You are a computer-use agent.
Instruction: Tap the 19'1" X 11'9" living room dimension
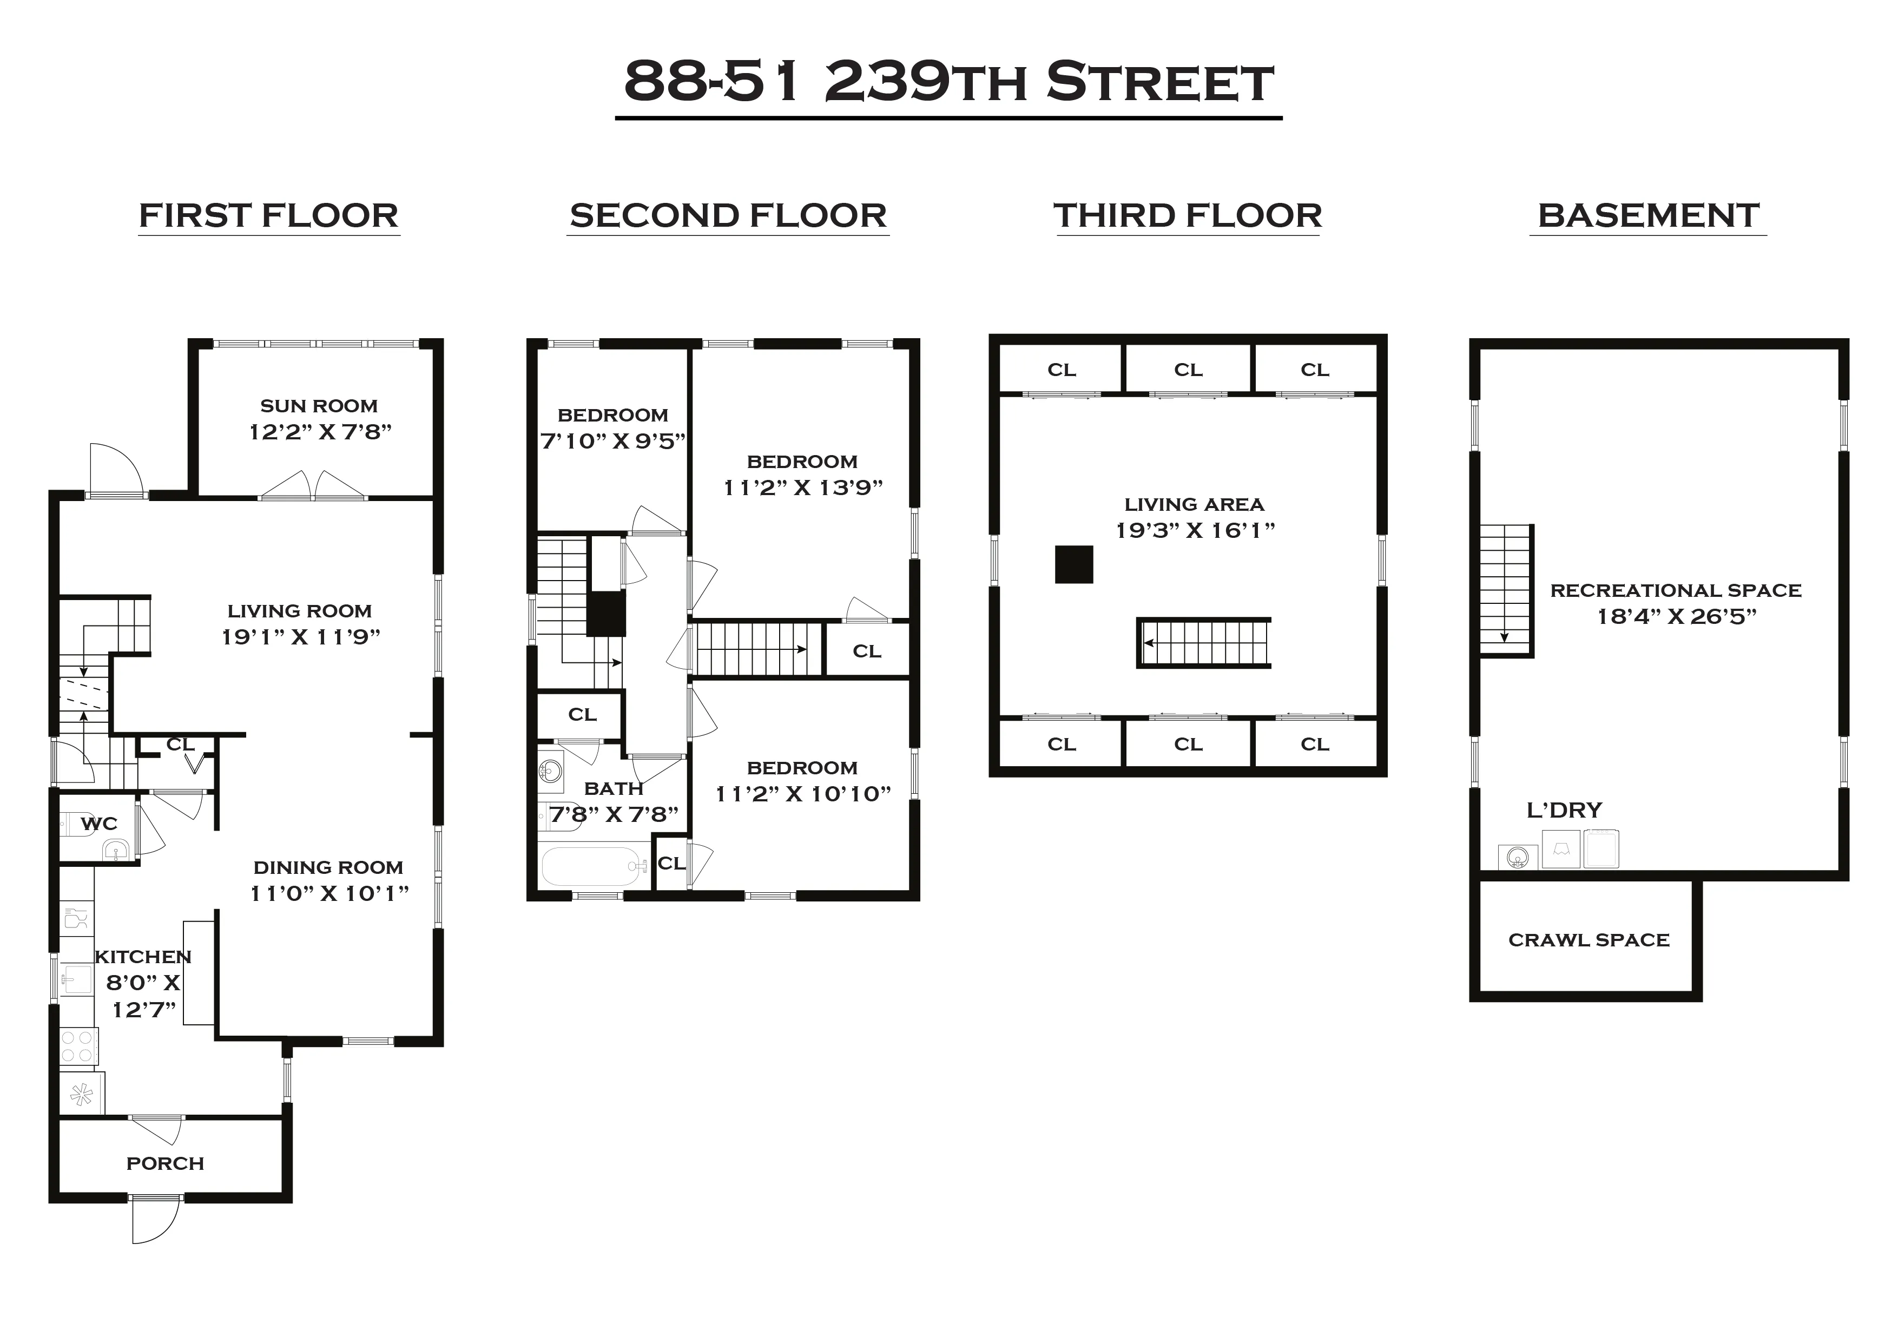click(x=300, y=637)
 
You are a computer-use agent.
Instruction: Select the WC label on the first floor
click(x=99, y=824)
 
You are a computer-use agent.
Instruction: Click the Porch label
click(x=166, y=1163)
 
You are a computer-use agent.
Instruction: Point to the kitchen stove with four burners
click(x=78, y=1045)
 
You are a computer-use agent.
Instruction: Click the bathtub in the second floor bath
click(x=594, y=866)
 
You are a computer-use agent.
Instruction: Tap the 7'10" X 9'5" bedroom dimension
click(x=612, y=441)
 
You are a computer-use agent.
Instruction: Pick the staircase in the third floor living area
click(x=1204, y=643)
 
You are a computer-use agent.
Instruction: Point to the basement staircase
click(x=1505, y=590)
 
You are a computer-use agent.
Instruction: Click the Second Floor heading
click(x=728, y=216)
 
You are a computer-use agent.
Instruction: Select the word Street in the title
click(x=1160, y=83)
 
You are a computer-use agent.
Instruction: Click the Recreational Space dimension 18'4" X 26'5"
click(x=1676, y=616)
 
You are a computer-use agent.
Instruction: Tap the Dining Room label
click(x=328, y=867)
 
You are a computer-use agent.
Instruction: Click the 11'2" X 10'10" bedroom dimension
click(x=803, y=794)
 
